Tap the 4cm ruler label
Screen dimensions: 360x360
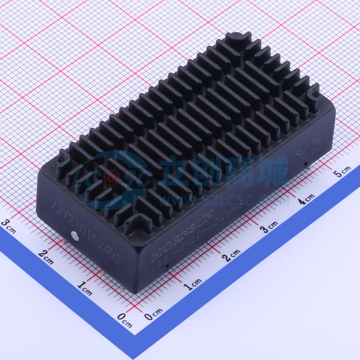[x=306, y=198]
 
